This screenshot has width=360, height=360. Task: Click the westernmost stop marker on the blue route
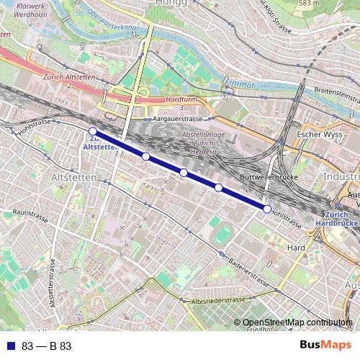click(x=92, y=131)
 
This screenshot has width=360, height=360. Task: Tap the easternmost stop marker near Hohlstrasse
click(x=267, y=209)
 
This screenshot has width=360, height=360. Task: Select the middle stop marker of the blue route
click(x=184, y=172)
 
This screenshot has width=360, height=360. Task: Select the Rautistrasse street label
click(x=30, y=213)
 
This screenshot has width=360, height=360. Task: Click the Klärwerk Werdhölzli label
click(x=26, y=10)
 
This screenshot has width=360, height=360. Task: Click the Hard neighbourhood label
click(x=296, y=248)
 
